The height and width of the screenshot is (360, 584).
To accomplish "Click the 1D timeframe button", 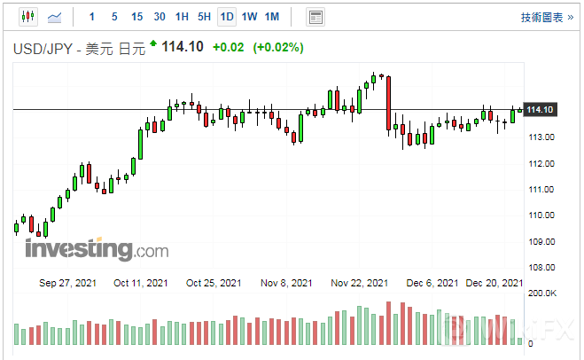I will click(227, 17).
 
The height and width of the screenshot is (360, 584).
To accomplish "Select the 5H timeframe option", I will click(204, 17).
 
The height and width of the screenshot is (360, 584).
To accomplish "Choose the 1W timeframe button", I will click(250, 17).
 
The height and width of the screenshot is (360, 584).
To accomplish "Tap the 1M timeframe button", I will click(272, 17).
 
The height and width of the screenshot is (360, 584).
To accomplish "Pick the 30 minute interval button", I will click(160, 17).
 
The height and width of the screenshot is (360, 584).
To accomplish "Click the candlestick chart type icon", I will click(27, 17).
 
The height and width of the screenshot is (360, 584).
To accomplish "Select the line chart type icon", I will click(55, 17).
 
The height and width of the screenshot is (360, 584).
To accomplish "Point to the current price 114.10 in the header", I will click(182, 47).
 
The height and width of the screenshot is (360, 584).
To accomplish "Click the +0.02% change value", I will click(277, 47).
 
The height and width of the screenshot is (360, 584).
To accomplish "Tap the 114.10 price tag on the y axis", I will click(541, 109).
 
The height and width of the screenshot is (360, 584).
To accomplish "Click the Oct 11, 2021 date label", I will click(141, 283).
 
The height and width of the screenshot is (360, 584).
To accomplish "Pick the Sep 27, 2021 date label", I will click(68, 283).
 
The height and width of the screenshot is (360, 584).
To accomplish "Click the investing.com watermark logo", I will click(96, 249).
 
